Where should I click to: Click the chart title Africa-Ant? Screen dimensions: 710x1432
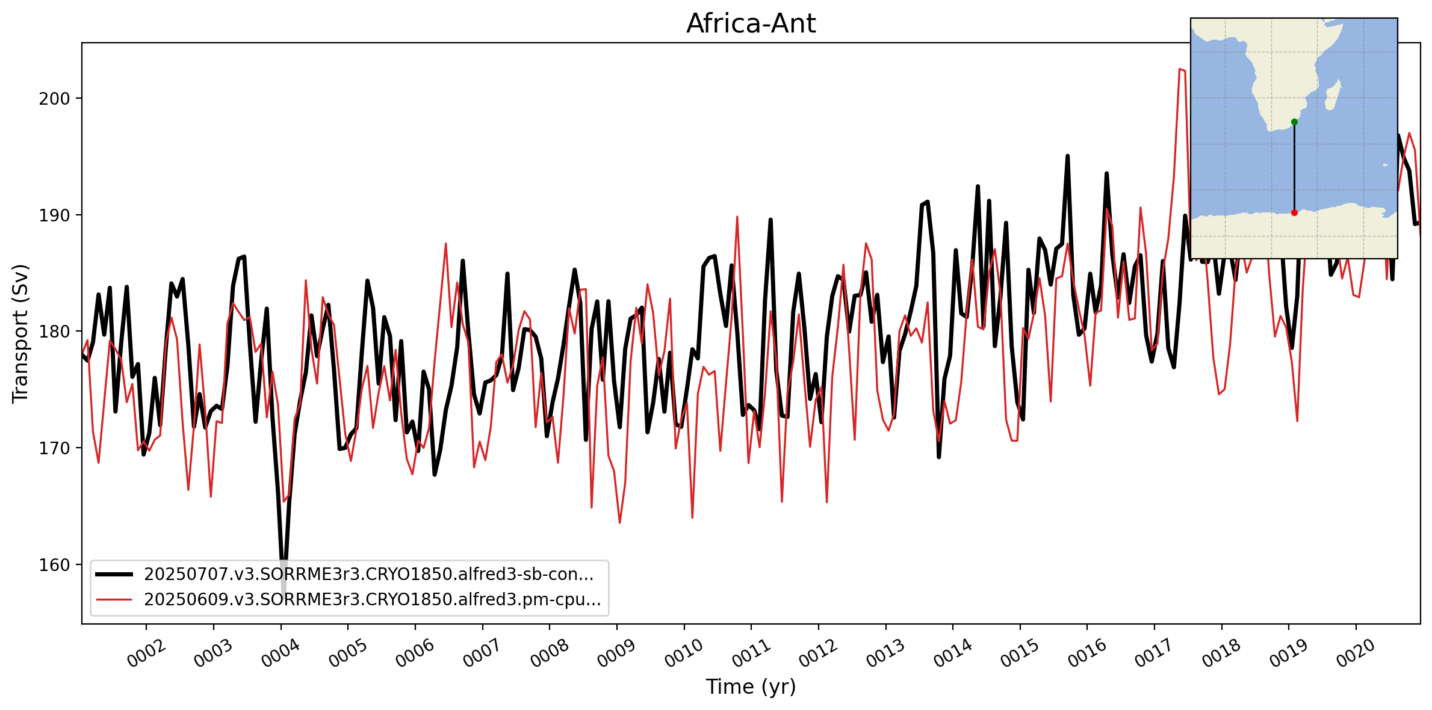(x=751, y=24)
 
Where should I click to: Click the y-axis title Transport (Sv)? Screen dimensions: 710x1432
(x=20, y=333)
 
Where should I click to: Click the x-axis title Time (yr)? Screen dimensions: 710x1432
(x=751, y=687)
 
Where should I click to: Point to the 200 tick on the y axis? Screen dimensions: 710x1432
(x=54, y=99)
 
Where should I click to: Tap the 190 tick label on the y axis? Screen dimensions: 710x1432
(x=54, y=215)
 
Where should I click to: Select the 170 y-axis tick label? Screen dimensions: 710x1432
(x=54, y=448)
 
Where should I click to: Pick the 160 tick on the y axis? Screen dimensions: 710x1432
(x=54, y=565)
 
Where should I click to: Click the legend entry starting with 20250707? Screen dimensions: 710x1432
(x=368, y=575)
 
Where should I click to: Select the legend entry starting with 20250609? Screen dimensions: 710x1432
(x=372, y=600)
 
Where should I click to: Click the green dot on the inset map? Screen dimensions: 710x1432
(x=1294, y=122)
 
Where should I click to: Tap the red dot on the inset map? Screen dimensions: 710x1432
(x=1294, y=212)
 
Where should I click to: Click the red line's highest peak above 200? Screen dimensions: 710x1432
(x=1180, y=69)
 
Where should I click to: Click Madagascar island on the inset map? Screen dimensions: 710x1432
(x=1333, y=96)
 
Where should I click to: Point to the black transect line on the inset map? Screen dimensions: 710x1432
(x=1294, y=168)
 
